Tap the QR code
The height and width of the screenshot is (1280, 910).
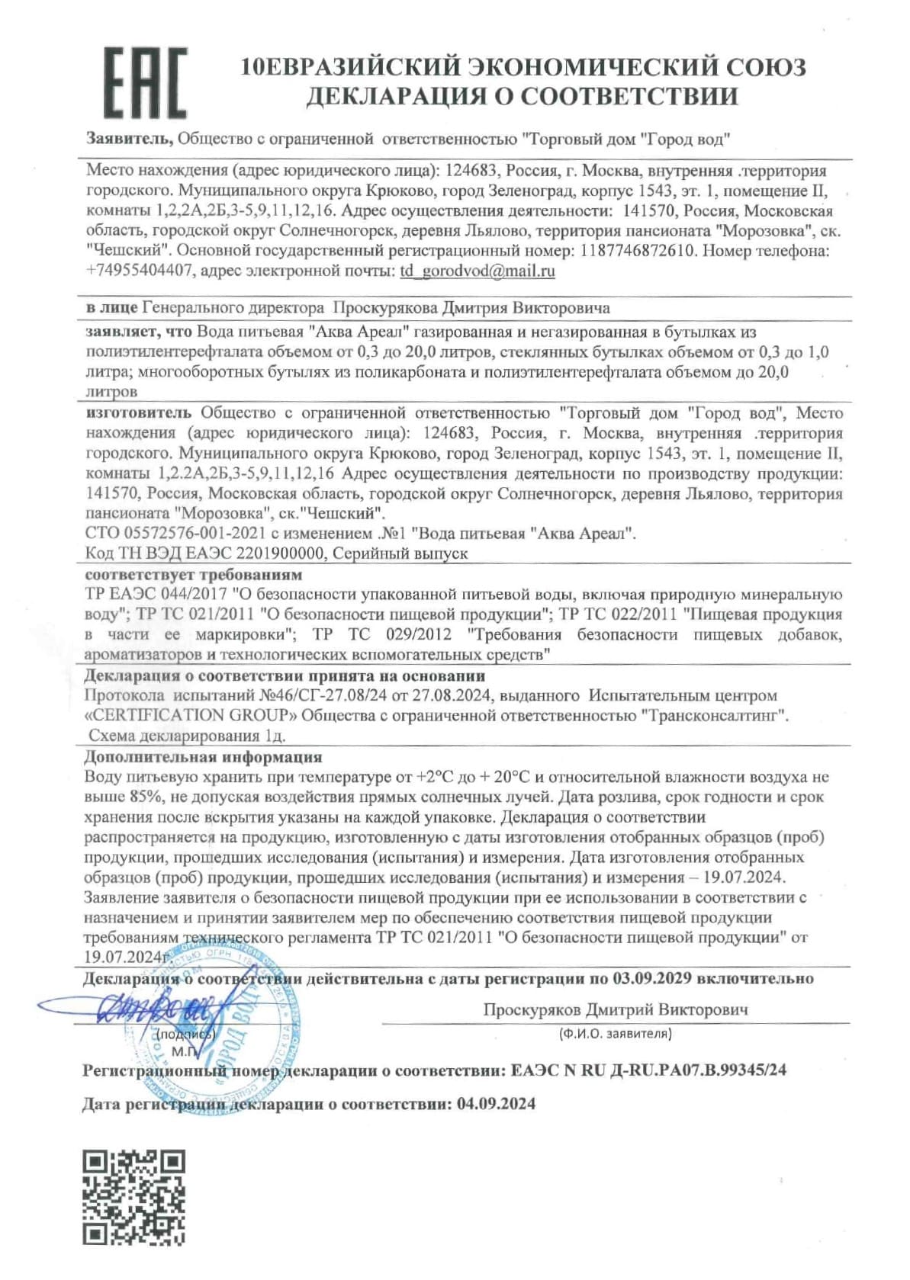[133, 1198]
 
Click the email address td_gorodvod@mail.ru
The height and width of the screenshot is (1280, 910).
[478, 271]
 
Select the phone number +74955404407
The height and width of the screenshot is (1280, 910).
[140, 271]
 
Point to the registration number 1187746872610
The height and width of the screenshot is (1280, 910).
[638, 251]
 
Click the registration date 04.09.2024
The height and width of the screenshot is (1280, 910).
[496, 1103]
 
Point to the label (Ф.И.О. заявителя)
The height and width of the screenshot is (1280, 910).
[615, 1034]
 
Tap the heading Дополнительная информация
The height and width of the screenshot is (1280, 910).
[203, 757]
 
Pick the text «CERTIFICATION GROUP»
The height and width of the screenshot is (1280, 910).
[190, 715]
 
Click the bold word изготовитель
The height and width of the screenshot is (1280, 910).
[138, 412]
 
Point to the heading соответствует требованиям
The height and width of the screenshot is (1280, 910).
[194, 574]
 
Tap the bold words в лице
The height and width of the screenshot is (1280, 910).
[111, 308]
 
